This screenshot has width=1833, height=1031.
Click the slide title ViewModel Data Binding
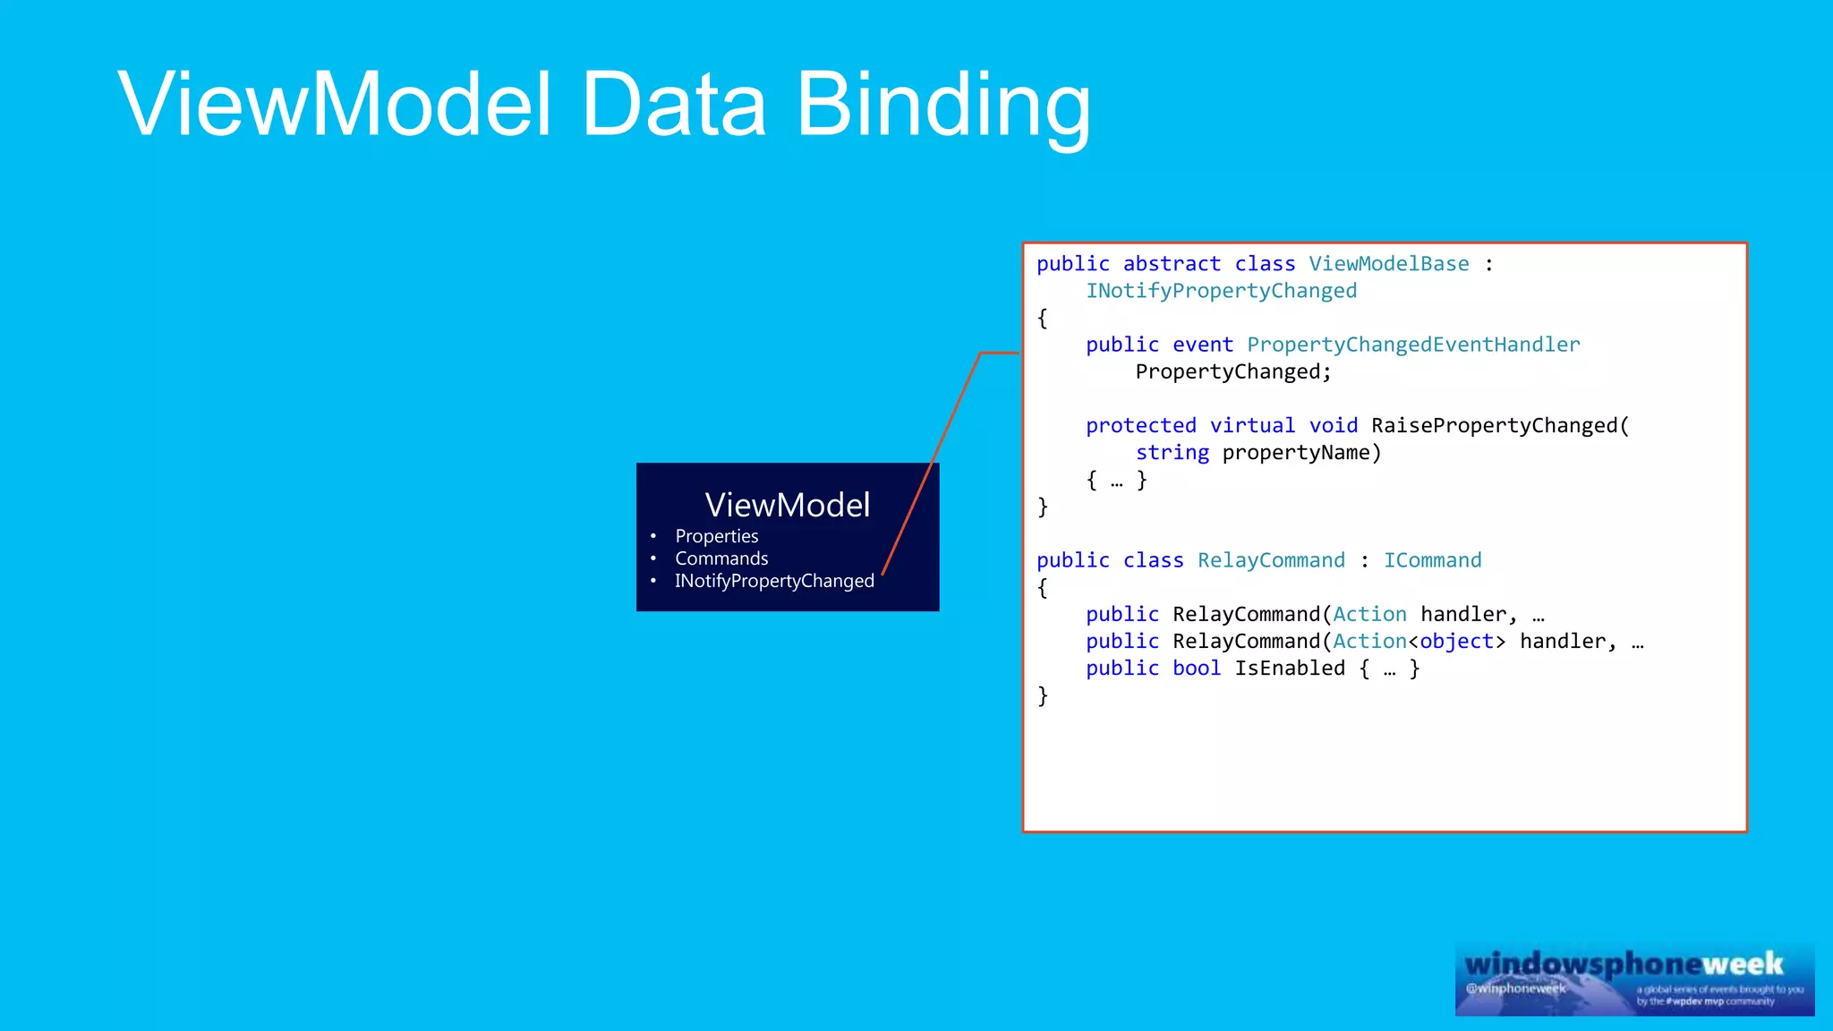604,106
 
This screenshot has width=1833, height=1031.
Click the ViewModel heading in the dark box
787,506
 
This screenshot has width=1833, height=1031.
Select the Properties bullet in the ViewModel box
716,536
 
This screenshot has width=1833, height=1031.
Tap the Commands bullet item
721,558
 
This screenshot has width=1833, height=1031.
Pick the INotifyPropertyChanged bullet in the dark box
774,581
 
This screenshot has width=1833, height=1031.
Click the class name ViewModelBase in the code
1388,264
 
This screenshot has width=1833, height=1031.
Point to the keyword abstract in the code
1172,264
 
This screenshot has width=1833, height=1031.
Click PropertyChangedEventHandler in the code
1413,345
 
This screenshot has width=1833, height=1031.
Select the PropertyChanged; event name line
1233,371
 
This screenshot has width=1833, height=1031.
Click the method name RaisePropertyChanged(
1500,426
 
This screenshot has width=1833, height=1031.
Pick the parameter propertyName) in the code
1301,453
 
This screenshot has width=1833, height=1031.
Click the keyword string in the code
1172,453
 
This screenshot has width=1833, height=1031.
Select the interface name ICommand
1432,560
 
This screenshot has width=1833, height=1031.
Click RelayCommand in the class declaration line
1271,560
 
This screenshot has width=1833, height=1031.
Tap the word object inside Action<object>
1456,642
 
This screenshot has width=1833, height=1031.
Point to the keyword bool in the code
1197,669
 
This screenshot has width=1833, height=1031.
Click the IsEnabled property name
1290,669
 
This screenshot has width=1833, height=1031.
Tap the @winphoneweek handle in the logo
1515,989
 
